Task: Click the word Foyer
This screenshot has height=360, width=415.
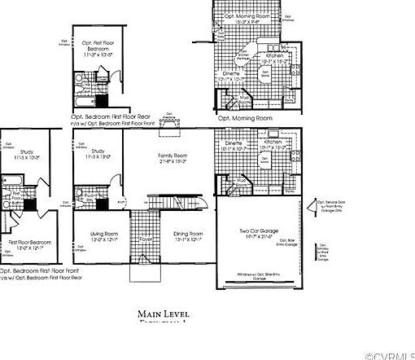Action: pos(146,239)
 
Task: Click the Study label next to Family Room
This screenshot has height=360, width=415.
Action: pos(98,152)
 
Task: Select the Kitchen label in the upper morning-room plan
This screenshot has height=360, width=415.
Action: pos(274,57)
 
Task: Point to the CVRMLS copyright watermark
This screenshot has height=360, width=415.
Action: pos(389,354)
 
